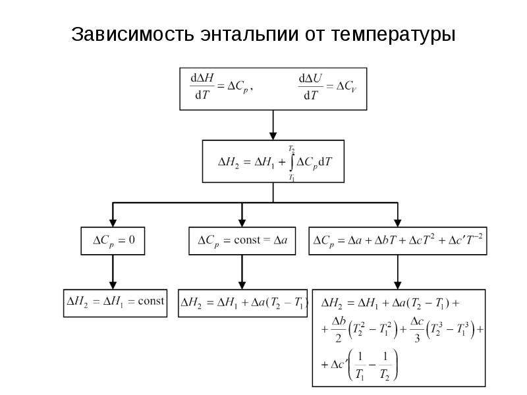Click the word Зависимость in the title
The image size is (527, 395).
coord(133,34)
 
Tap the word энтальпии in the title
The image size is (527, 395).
coord(250,34)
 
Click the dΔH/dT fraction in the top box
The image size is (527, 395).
coord(202,86)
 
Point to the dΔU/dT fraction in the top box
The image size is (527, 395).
coord(310,87)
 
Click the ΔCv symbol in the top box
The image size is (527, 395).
coord(347,87)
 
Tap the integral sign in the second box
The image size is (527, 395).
coord(292,163)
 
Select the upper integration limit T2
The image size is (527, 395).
coord(291,149)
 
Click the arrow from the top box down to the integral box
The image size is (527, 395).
coord(273,125)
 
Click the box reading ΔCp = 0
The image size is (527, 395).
coord(113,241)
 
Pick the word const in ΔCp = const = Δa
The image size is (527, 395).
coord(247,240)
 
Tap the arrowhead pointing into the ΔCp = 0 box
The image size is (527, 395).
coord(113,223)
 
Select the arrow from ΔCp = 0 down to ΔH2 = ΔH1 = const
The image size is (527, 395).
coord(113,272)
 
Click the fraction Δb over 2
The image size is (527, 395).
coord(339,330)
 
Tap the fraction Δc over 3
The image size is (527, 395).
coord(417,330)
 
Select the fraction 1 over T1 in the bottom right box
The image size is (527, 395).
coord(360,366)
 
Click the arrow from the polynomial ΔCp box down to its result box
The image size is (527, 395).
coord(398,272)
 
